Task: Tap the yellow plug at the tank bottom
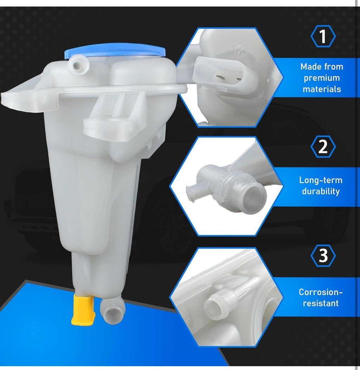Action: [83, 309]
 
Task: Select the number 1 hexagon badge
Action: [323, 37]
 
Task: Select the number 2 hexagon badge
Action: [323, 147]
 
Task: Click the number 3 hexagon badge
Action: [323, 256]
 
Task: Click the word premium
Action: [322, 78]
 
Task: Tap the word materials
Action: [322, 89]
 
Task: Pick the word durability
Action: [321, 192]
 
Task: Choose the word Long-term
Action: [321, 180]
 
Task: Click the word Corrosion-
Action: [321, 292]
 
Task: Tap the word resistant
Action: [321, 303]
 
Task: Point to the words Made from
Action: [322, 66]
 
